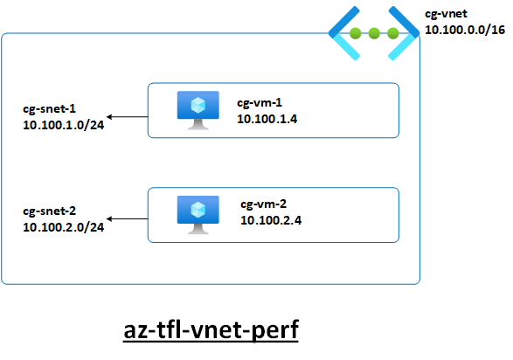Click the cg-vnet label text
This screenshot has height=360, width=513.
(x=446, y=14)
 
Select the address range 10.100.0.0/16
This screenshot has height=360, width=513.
(x=465, y=30)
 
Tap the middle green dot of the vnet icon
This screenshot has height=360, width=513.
(x=374, y=33)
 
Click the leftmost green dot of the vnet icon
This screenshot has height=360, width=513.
(x=356, y=33)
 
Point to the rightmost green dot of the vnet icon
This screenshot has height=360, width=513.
(x=393, y=33)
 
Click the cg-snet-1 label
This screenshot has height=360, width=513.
(x=49, y=109)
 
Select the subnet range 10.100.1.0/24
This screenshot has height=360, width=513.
(x=64, y=125)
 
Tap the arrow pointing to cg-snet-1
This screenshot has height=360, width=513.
(x=128, y=117)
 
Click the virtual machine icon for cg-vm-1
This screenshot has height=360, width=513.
(x=198, y=110)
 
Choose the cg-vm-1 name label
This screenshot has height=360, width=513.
(x=259, y=103)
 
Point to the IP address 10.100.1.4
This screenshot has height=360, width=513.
(x=267, y=119)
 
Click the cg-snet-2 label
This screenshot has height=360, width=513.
(x=49, y=211)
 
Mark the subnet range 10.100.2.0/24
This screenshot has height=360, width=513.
(x=64, y=227)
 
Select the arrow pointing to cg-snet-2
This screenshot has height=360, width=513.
(x=128, y=218)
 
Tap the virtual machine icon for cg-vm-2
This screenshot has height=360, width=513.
(x=198, y=215)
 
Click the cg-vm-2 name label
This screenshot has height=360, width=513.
(x=263, y=204)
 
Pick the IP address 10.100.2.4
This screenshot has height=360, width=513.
(x=271, y=220)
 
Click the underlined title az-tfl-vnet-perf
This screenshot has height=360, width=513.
(x=211, y=330)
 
